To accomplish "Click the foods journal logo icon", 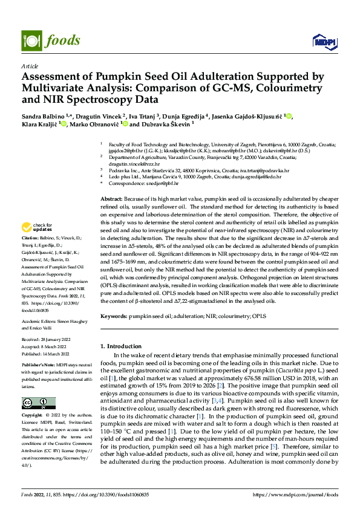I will coord(31,40).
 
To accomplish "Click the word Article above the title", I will coord(29,65).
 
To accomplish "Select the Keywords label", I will coord(114,317).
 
